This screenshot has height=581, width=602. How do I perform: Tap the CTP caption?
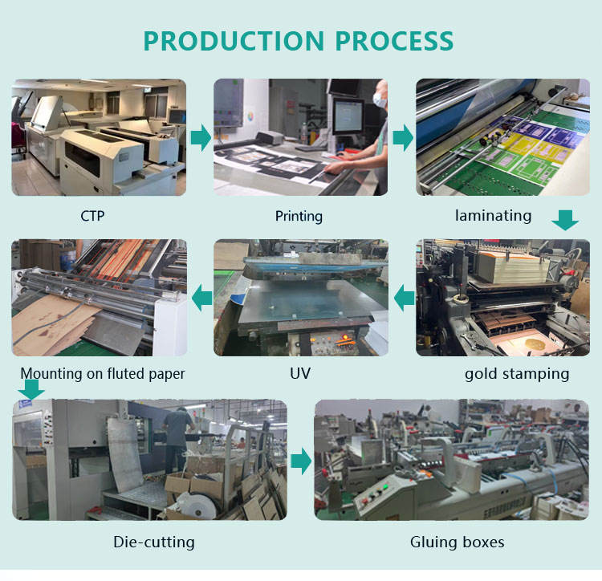pyautogui.click(x=92, y=216)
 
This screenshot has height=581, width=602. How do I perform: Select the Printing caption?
pyautogui.click(x=299, y=216)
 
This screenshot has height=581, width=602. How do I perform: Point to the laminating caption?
pyautogui.click(x=493, y=215)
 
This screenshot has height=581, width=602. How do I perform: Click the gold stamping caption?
pyautogui.click(x=516, y=374)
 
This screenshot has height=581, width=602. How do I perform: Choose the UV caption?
pyautogui.click(x=299, y=374)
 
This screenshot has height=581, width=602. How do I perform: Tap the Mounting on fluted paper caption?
pyautogui.click(x=103, y=374)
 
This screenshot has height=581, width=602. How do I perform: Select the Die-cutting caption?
pyautogui.click(x=154, y=542)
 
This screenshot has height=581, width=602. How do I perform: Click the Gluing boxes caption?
pyautogui.click(x=458, y=542)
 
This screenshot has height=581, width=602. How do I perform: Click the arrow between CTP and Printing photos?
pyautogui.click(x=200, y=138)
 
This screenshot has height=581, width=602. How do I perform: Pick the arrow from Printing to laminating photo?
pyautogui.click(x=402, y=138)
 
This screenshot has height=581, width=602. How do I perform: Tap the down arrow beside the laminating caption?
pyautogui.click(x=566, y=219)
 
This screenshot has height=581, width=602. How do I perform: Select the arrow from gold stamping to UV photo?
pyautogui.click(x=402, y=299)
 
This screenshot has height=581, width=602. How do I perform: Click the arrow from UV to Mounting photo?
pyautogui.click(x=200, y=299)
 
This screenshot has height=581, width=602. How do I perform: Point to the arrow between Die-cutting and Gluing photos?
pyautogui.click(x=300, y=461)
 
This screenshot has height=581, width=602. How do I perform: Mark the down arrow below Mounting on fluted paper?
pyautogui.click(x=31, y=389)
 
